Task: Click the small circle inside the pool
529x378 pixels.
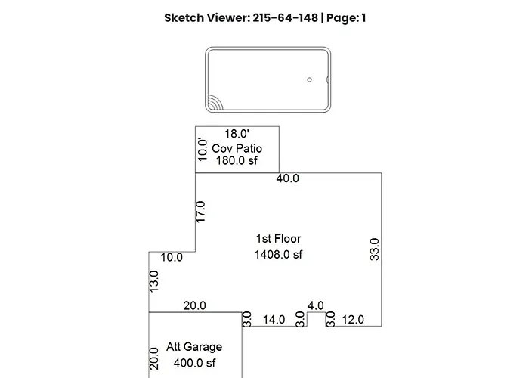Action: point(309,79)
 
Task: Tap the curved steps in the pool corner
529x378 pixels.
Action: point(214,104)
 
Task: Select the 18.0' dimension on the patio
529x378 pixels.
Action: point(237,134)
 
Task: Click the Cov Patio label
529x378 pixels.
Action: point(237,148)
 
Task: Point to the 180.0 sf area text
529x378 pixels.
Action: point(237,160)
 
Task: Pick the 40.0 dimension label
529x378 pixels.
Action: point(287,178)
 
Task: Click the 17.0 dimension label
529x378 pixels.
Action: point(200,212)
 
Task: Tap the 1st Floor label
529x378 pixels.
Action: point(278,239)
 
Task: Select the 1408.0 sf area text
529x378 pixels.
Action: point(278,255)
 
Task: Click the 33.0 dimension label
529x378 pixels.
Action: point(375,249)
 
